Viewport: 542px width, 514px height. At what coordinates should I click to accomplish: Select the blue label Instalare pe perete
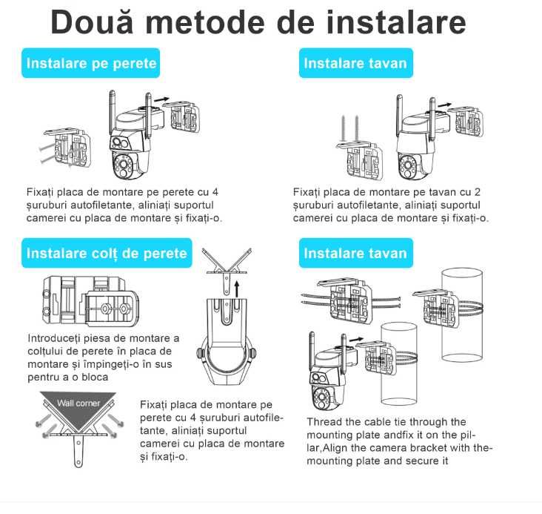(91, 63)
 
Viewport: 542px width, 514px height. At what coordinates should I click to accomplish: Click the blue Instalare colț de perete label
(107, 253)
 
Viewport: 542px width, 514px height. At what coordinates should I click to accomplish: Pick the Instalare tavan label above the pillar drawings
(355, 253)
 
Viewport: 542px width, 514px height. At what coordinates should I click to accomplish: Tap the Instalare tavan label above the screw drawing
(355, 63)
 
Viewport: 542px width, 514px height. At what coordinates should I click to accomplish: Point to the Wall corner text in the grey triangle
(78, 403)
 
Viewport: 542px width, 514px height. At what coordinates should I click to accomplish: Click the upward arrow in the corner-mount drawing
(236, 287)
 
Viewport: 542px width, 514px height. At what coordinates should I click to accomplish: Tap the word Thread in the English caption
(324, 422)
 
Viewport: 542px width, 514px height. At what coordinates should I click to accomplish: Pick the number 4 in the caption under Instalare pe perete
(214, 192)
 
